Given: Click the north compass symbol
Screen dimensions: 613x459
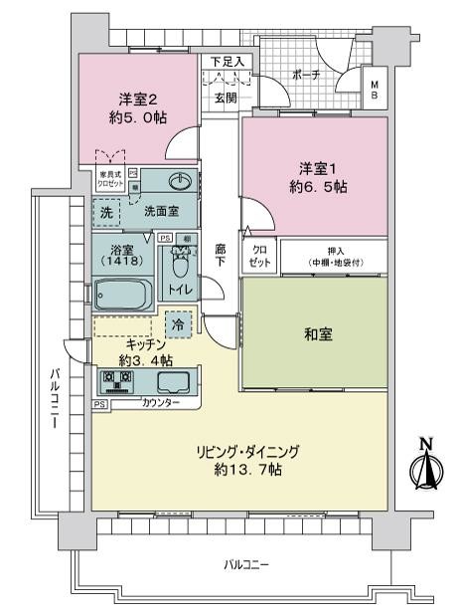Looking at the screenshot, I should point(424,464).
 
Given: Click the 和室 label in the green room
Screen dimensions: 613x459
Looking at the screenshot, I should point(319,334).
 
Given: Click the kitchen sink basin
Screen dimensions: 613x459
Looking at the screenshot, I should point(174,382).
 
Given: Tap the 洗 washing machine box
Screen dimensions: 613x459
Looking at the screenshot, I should point(106,212).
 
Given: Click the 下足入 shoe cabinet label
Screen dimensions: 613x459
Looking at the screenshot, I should point(227,62).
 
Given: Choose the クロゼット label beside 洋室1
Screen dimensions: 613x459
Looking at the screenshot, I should point(258,257).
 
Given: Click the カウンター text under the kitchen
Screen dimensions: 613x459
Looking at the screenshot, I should point(160,403).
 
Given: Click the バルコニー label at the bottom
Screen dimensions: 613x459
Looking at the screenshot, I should point(246,565).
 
